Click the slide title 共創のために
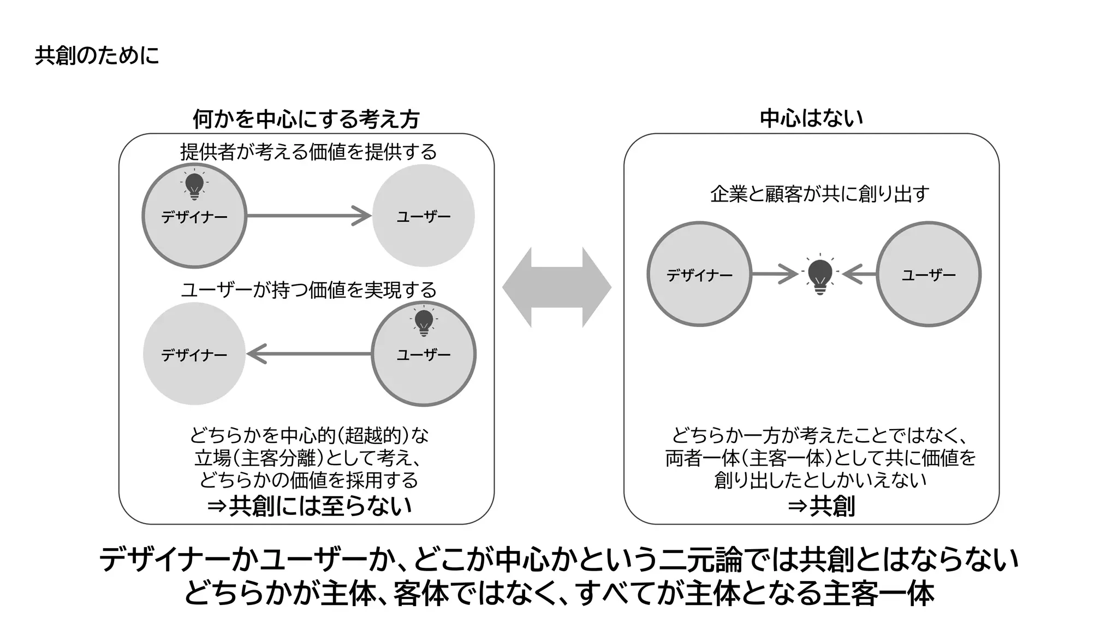97,56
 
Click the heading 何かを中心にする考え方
306,119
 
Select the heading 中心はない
811,118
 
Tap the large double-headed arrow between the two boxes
556,287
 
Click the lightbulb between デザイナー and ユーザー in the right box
820,275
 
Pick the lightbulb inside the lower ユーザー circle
424,323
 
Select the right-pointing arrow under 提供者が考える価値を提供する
309,216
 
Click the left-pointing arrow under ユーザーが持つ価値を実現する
309,354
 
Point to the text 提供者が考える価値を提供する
308,152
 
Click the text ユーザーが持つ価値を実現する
308,290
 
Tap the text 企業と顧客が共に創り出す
819,194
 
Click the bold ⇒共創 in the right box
821,506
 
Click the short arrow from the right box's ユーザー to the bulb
860,274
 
